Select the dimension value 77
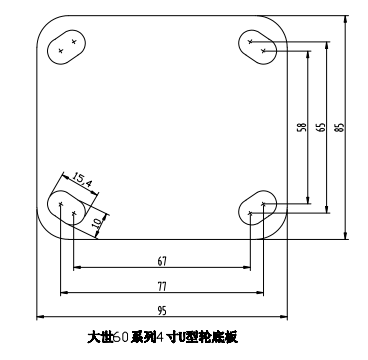point(161,286)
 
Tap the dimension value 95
point(161,311)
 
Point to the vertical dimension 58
point(301,128)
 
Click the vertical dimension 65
point(320,128)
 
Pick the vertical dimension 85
point(340,128)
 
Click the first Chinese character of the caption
point(96,338)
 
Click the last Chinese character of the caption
point(231,338)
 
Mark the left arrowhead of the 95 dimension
point(40,319)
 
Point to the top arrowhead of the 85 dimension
point(345,17)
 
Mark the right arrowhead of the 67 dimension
point(260,268)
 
